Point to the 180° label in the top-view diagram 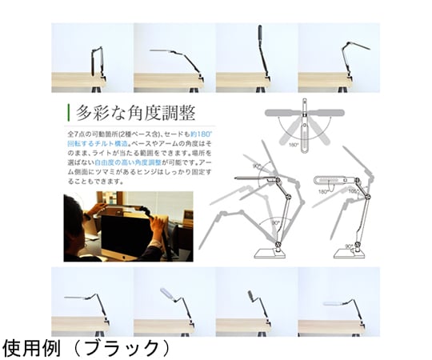pyautogui.click(x=294, y=145)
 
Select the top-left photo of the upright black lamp pyautogui.click(x=91, y=58)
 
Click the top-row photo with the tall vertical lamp pyautogui.click(x=257, y=58)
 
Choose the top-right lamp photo pyautogui.click(x=339, y=58)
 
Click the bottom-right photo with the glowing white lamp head pyautogui.click(x=339, y=302)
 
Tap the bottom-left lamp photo pyautogui.click(x=91, y=302)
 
